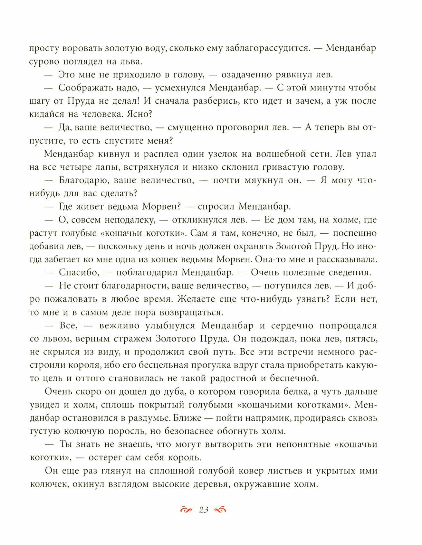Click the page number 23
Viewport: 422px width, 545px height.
(x=204, y=510)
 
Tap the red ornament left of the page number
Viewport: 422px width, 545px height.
(x=186, y=510)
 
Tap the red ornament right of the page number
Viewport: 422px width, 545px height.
(x=220, y=510)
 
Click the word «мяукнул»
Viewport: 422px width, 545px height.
(x=263, y=180)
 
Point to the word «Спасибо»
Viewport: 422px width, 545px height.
(x=78, y=273)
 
